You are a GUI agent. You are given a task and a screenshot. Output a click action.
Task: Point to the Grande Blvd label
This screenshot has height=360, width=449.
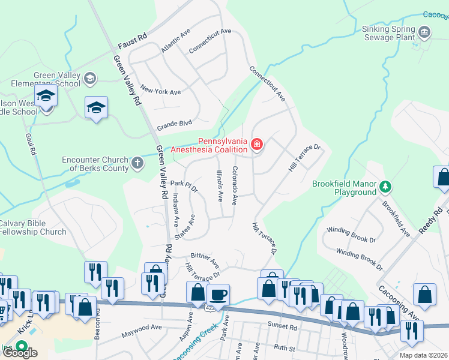tap(174, 125)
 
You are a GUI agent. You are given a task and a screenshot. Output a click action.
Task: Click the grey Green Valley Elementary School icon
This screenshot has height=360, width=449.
tap(89, 78)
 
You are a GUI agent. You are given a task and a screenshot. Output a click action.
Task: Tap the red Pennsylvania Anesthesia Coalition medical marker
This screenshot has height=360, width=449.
tap(257, 143)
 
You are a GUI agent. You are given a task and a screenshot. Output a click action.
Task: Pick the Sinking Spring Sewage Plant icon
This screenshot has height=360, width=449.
tap(424, 31)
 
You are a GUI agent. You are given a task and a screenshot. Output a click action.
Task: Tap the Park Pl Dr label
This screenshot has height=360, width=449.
tap(184, 185)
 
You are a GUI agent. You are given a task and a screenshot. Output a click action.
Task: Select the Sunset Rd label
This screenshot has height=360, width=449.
tap(285, 328)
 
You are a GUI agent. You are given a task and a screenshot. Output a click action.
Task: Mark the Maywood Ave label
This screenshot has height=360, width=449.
tap(142, 328)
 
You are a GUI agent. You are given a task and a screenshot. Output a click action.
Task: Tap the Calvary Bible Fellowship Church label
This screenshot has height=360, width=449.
tap(33, 227)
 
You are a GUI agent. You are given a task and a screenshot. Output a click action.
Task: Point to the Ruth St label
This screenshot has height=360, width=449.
tap(285, 347)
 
